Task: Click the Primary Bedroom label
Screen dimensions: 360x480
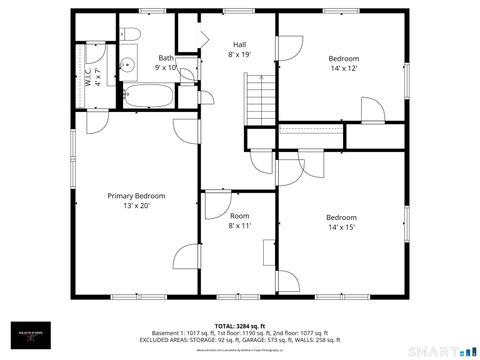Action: (136, 196)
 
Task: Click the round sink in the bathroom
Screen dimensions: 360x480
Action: (126, 67)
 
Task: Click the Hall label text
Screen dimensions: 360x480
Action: (240, 45)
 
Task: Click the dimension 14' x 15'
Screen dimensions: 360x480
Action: (341, 227)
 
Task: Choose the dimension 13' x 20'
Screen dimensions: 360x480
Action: (136, 206)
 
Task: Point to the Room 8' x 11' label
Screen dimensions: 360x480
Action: (239, 221)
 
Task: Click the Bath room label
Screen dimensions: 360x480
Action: (165, 58)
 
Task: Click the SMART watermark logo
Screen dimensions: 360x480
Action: (440, 350)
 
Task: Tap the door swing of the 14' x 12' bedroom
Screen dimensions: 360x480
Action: (289, 48)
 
